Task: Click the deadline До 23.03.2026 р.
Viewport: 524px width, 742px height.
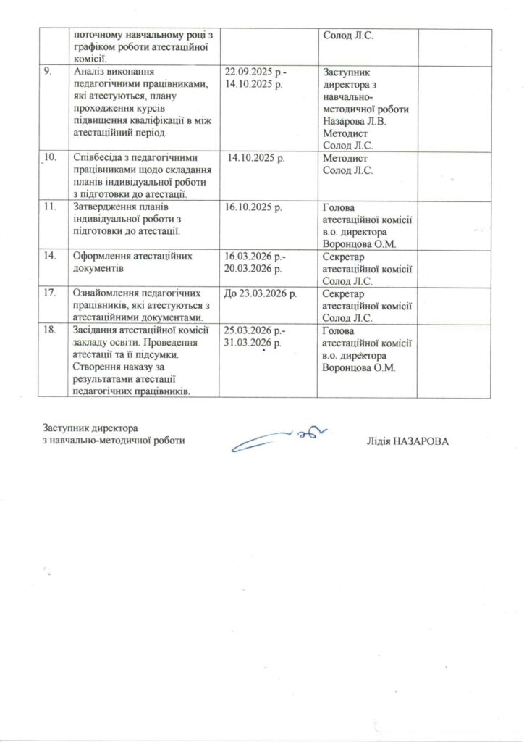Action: [x=261, y=294]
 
